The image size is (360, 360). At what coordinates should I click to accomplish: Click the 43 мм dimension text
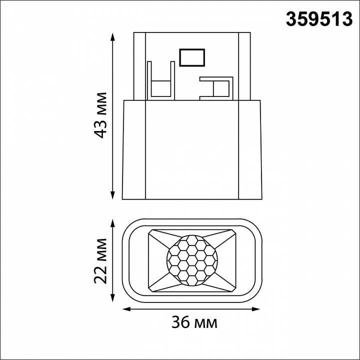102,115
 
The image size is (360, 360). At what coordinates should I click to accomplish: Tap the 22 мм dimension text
102,260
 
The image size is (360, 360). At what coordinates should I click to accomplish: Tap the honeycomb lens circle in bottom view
192,259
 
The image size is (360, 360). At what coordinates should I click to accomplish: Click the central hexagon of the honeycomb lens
192,259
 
